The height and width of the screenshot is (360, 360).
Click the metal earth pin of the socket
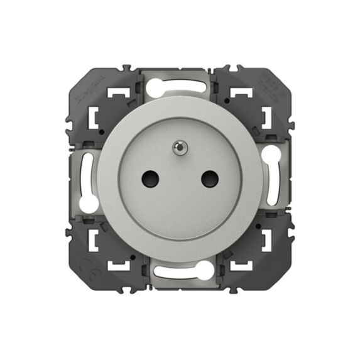pyautogui.click(x=178, y=148)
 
